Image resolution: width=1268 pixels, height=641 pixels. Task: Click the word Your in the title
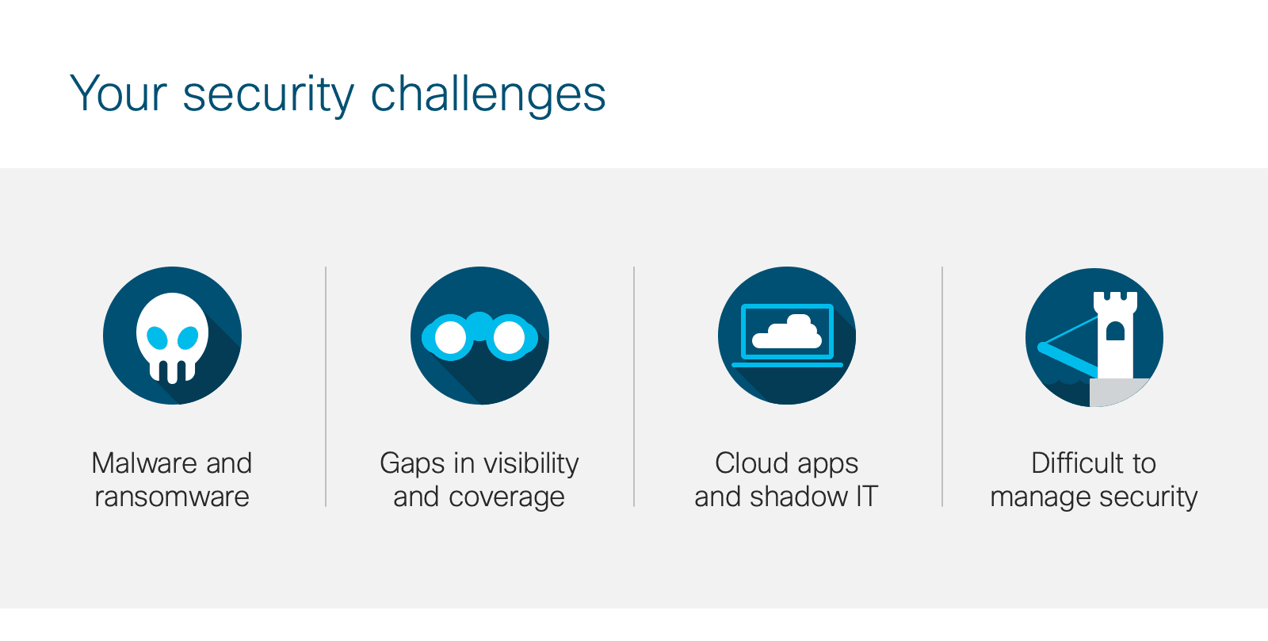point(118,93)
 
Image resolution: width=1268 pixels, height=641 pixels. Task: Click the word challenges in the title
point(488,94)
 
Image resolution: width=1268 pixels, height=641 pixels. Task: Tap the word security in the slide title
point(269,94)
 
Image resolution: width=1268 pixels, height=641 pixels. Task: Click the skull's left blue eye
point(157,338)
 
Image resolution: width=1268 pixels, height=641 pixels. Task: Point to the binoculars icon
point(479,336)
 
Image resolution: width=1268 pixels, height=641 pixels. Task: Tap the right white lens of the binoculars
point(509,338)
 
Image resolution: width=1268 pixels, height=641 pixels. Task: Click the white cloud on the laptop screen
point(787,332)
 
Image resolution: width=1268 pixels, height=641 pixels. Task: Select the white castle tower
point(1115,336)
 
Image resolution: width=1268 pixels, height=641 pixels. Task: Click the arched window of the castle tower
point(1115,331)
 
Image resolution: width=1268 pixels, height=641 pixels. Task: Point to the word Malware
point(144,463)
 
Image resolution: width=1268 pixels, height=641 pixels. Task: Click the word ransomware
point(172,497)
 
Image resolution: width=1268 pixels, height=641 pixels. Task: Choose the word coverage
point(506,497)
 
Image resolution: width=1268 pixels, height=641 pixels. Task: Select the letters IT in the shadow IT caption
point(867,497)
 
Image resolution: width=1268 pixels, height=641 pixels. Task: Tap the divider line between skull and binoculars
point(326,386)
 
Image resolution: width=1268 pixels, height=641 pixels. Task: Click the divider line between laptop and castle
point(942,386)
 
